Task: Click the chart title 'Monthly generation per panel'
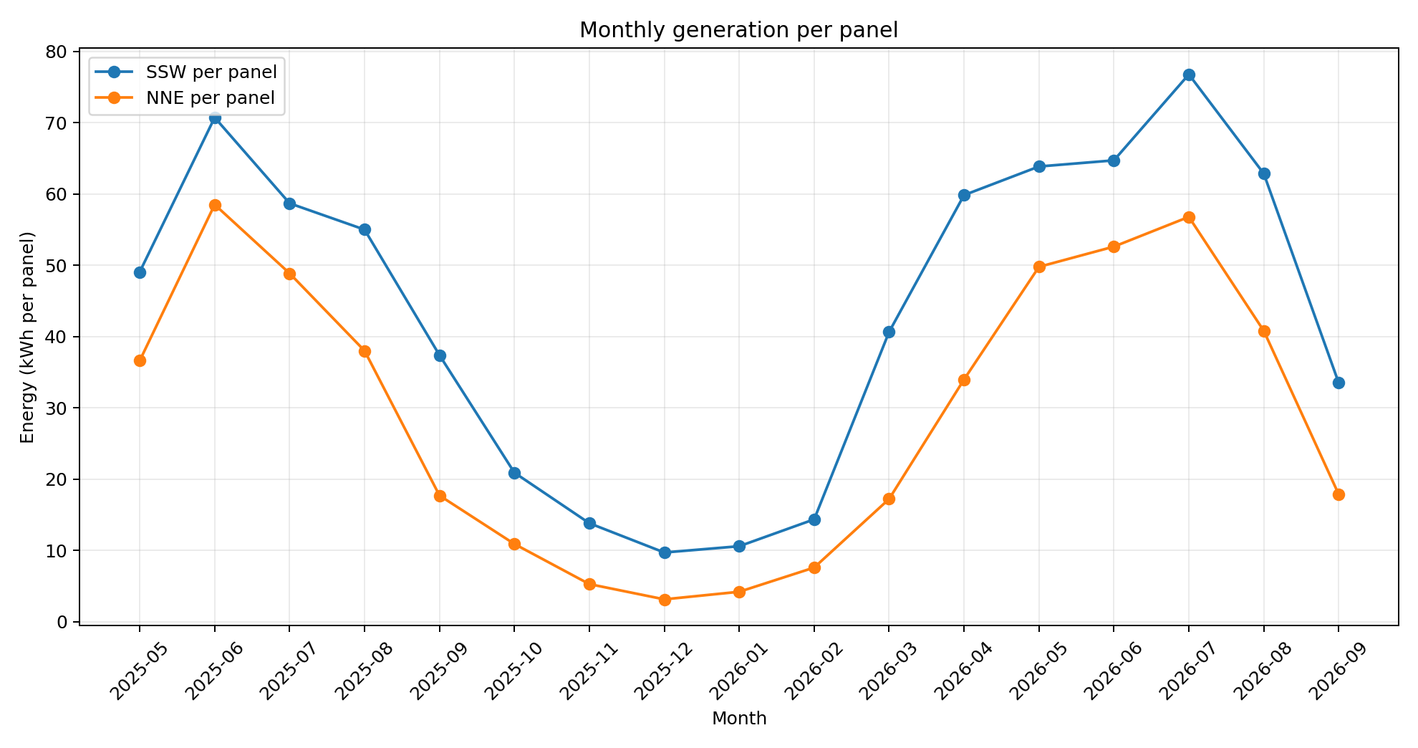click(x=738, y=30)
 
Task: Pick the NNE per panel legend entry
click(x=185, y=98)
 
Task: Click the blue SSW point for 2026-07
click(x=1189, y=75)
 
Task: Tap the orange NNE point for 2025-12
click(x=665, y=600)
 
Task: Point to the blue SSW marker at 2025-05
click(x=140, y=272)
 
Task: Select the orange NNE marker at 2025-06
click(x=215, y=206)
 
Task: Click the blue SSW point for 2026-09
click(x=1339, y=383)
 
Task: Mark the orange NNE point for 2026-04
click(x=964, y=380)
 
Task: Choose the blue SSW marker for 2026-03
click(x=889, y=332)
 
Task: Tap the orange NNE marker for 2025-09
click(x=440, y=496)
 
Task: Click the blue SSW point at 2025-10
click(x=514, y=473)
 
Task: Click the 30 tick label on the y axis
click(x=59, y=408)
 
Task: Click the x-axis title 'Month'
click(x=739, y=719)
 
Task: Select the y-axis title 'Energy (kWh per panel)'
click(x=27, y=337)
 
